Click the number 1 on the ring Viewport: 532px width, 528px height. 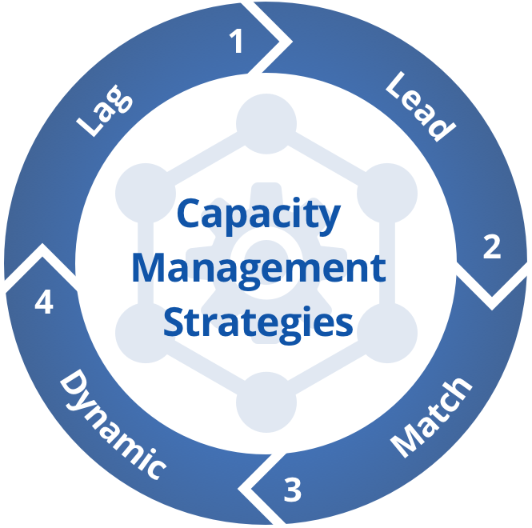pos(237,42)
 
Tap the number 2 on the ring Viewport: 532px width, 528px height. pos(491,246)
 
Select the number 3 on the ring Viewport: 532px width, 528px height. pos(293,490)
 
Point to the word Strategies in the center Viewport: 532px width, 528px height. pos(258,323)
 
